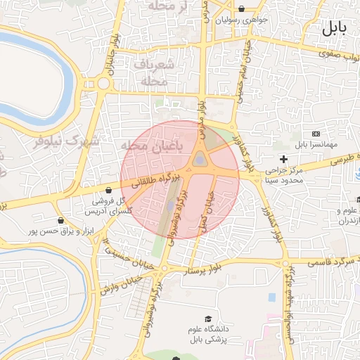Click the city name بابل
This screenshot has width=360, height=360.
click(335, 29)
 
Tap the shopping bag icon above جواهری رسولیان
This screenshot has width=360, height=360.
click(242, 9)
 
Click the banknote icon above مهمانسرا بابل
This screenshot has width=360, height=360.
click(315, 134)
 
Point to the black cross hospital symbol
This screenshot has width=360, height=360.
click(283, 159)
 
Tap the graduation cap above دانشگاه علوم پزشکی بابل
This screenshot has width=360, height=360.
click(207, 319)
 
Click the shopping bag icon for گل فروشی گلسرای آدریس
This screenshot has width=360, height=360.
click(108, 190)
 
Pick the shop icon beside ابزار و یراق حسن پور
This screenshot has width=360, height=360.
click(63, 220)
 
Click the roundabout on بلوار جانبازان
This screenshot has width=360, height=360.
click(104, 84)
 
